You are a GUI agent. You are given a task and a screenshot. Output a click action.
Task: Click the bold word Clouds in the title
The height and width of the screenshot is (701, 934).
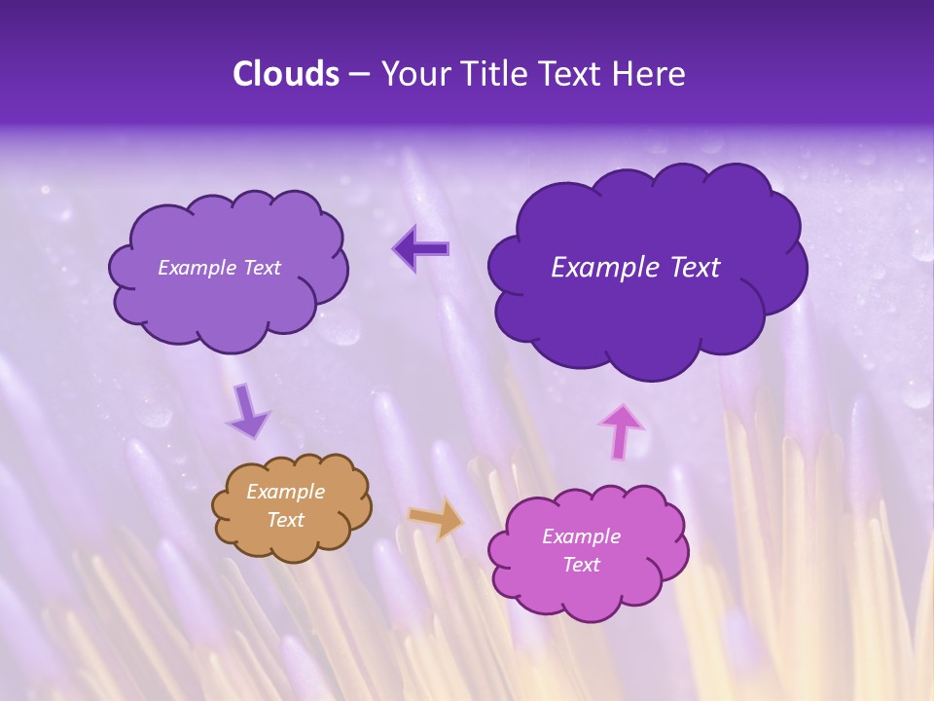coord(286,74)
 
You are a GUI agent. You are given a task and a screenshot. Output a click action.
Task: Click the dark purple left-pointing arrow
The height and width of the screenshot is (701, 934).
coord(421,249)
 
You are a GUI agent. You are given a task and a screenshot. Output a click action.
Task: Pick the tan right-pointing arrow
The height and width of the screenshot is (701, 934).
coord(437,519)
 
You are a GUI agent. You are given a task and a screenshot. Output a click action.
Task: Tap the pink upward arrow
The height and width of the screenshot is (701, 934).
coord(621,430)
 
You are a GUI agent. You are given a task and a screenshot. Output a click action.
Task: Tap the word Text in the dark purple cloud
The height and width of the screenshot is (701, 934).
coord(695,268)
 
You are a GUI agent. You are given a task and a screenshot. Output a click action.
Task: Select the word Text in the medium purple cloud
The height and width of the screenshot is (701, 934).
coord(261,268)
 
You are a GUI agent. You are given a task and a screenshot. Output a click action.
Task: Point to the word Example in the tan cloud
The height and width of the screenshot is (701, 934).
coord(285,492)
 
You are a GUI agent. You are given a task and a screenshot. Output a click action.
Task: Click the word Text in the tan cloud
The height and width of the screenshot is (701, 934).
coord(285,520)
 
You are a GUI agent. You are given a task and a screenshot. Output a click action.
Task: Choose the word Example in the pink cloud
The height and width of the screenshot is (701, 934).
coord(581,536)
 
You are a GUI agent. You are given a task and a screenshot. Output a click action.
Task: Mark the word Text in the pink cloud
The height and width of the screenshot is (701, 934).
coord(581,565)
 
